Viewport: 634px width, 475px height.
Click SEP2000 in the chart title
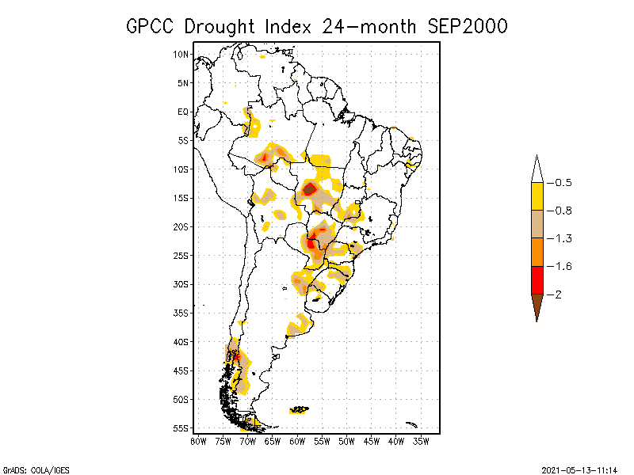(461, 26)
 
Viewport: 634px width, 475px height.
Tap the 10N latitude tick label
(181, 54)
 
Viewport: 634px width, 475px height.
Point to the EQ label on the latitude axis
(183, 112)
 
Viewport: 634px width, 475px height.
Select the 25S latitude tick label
(181, 255)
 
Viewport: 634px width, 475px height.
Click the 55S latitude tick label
(181, 427)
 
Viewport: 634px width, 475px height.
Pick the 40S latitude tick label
(181, 341)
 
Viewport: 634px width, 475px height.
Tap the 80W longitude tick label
(198, 441)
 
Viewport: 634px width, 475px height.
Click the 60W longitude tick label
(298, 441)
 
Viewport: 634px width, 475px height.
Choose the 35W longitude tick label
(422, 441)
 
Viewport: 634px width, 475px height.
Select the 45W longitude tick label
(372, 441)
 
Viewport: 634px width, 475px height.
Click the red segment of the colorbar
(537, 279)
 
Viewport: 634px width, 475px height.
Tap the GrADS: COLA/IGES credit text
(25, 469)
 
